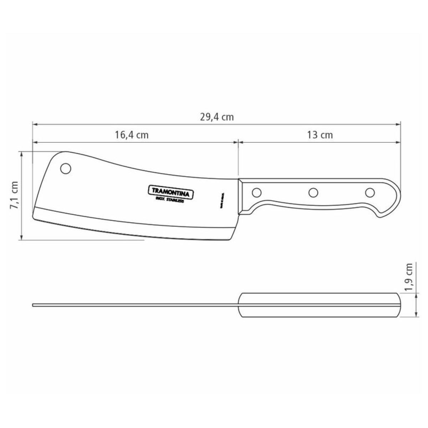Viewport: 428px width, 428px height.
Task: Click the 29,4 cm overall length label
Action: click(216, 117)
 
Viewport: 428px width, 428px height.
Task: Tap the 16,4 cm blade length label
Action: click(132, 135)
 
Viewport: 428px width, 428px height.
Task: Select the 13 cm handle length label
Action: click(320, 135)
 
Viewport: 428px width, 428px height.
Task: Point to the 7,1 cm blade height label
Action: click(14, 195)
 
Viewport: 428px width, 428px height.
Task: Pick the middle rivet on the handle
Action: click(313, 193)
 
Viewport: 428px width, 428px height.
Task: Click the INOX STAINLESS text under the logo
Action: click(170, 200)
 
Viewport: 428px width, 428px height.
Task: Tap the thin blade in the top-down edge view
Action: click(136, 305)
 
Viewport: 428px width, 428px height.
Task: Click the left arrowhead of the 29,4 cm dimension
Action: click(35, 124)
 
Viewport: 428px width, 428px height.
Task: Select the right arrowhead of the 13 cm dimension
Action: click(398, 142)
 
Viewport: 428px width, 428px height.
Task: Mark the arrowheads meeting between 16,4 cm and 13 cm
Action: click(238, 142)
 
